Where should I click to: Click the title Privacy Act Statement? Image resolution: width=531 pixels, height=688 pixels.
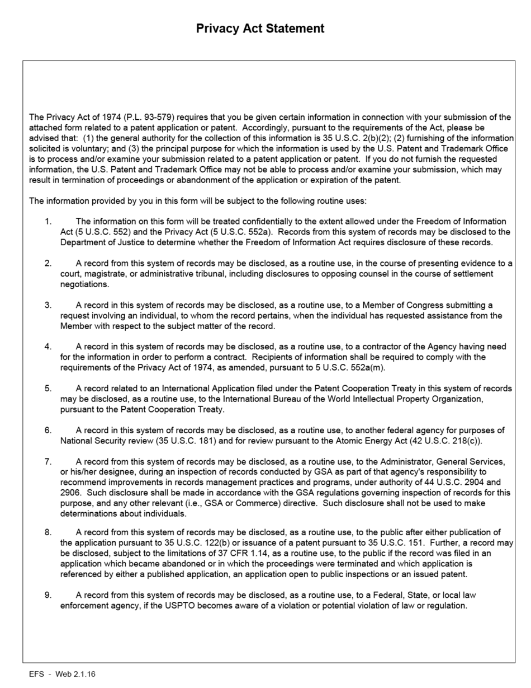click(x=260, y=29)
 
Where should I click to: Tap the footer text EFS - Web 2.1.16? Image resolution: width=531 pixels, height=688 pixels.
click(x=62, y=674)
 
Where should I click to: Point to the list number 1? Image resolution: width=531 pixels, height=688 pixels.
click(x=48, y=221)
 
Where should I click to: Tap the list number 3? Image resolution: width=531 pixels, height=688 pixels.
click(x=48, y=305)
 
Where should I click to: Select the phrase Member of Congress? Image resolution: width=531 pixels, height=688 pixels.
click(x=402, y=305)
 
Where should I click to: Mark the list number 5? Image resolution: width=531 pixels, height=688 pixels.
click(x=48, y=389)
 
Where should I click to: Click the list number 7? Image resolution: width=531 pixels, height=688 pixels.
click(x=48, y=462)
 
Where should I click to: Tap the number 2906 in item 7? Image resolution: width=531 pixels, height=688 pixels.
click(x=72, y=493)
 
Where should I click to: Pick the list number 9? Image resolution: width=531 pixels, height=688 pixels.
click(x=48, y=595)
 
